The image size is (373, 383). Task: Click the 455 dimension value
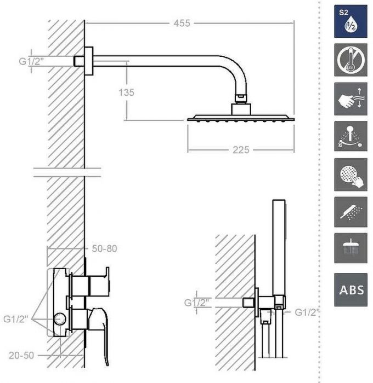tap(182, 23)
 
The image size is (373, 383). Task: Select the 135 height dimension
tap(126, 92)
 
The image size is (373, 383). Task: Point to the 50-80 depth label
tap(104, 248)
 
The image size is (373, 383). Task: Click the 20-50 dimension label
tap(21, 355)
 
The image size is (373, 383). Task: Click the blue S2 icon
tap(351, 21)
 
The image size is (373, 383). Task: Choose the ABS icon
tap(351, 289)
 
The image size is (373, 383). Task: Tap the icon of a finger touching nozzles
tap(351, 174)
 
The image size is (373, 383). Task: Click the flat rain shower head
tap(240, 118)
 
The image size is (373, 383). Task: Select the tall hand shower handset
tap(279, 246)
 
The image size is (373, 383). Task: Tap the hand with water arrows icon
tap(351, 98)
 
